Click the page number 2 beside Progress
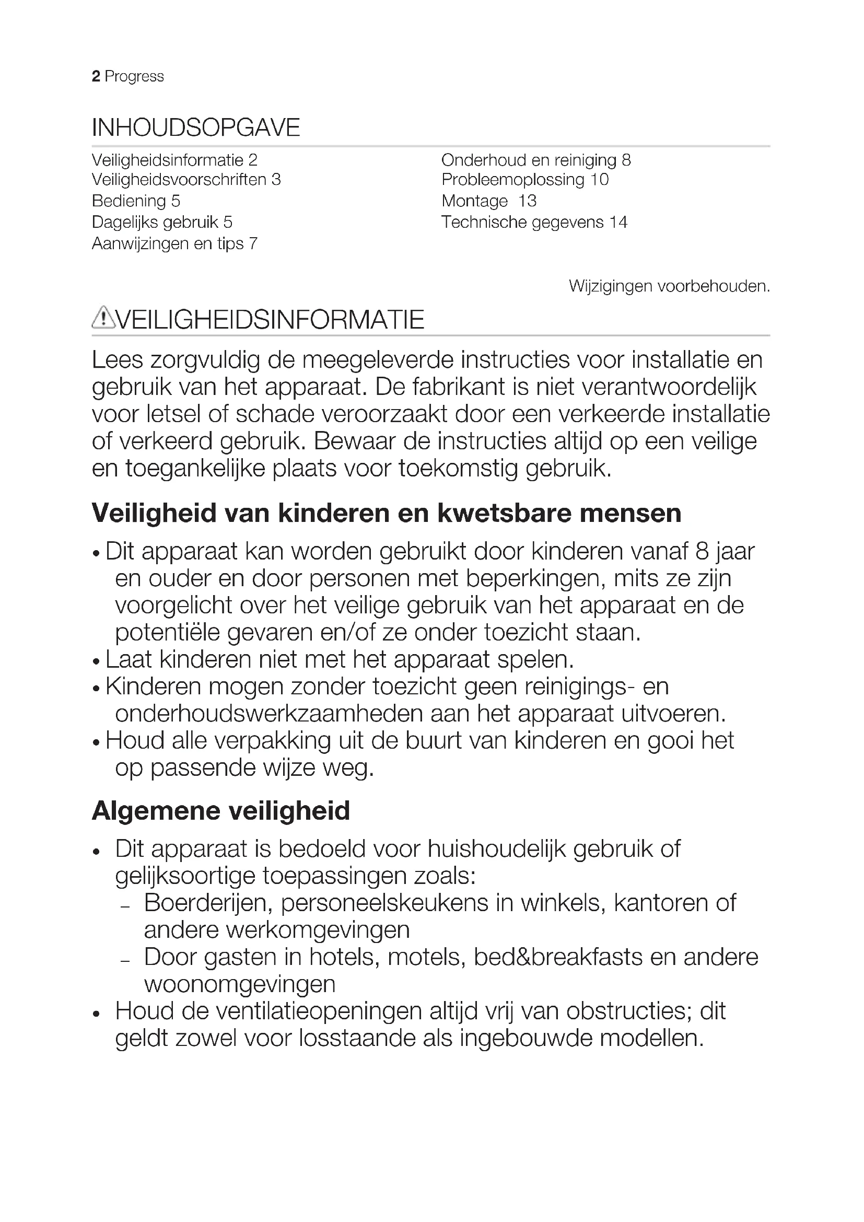(96, 77)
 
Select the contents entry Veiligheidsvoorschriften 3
(186, 180)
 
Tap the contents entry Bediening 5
(136, 201)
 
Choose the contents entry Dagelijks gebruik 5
(162, 223)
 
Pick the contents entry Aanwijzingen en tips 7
(174, 244)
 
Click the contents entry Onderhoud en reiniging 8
(536, 160)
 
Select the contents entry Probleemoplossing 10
(524, 180)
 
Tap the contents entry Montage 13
(488, 201)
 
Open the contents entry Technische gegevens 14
(534, 223)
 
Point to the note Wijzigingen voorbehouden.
(669, 286)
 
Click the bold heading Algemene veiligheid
(221, 811)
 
